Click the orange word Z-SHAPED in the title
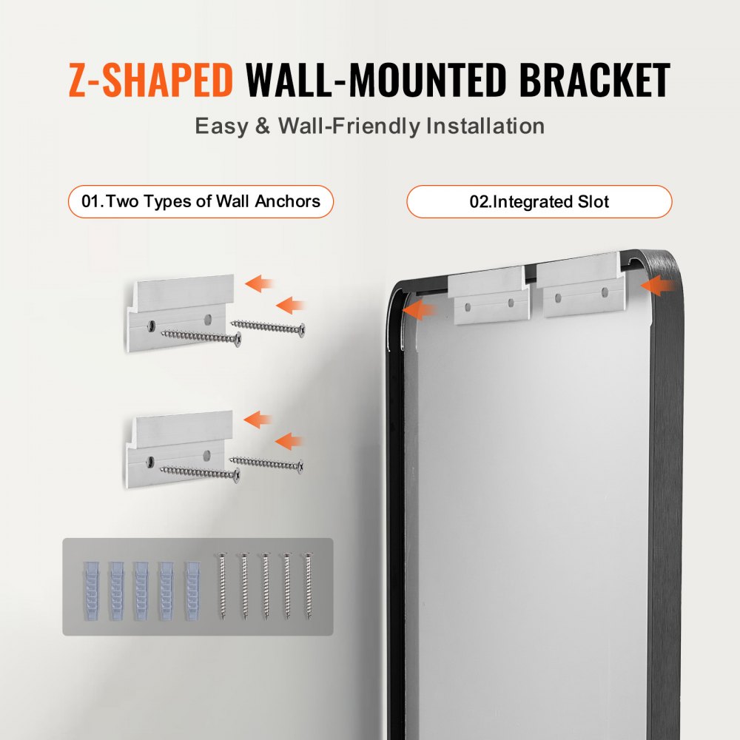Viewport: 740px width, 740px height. point(150,81)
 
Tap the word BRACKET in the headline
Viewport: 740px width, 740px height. point(595,81)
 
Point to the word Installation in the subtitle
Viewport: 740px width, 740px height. point(485,126)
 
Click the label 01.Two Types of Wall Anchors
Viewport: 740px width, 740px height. point(201,201)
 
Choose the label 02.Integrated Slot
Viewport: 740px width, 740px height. point(539,201)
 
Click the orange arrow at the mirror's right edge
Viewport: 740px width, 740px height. point(659,285)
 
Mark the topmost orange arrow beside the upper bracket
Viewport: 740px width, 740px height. point(260,283)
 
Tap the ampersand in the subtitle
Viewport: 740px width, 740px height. point(263,126)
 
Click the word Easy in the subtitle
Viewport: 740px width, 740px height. point(221,126)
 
